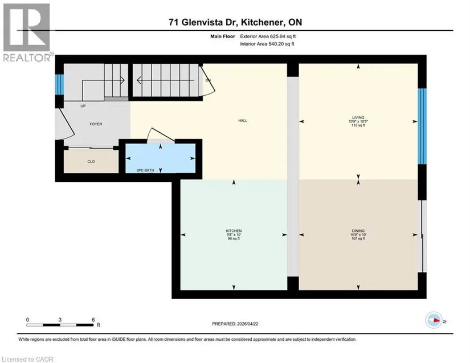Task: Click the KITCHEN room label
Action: pyautogui.click(x=234, y=231)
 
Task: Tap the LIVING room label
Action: pyautogui.click(x=358, y=117)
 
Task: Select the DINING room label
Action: pyautogui.click(x=358, y=231)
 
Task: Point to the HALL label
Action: pyautogui.click(x=243, y=120)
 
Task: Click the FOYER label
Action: pyautogui.click(x=96, y=124)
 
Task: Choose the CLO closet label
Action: pyautogui.click(x=91, y=162)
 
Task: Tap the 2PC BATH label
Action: pyautogui.click(x=145, y=170)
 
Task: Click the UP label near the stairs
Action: pyautogui.click(x=83, y=106)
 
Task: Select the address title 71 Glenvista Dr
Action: pyautogui.click(x=203, y=22)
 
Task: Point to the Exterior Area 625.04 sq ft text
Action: pyautogui.click(x=268, y=36)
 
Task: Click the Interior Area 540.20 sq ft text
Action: pyautogui.click(x=267, y=44)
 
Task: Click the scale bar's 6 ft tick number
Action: pyautogui.click(x=93, y=320)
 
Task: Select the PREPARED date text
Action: pyautogui.click(x=235, y=324)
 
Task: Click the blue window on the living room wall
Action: pyautogui.click(x=422, y=126)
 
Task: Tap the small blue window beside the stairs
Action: pyautogui.click(x=59, y=84)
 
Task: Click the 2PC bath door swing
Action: pyautogui.click(x=160, y=135)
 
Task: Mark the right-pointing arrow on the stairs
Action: pyautogui.click(x=103, y=80)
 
